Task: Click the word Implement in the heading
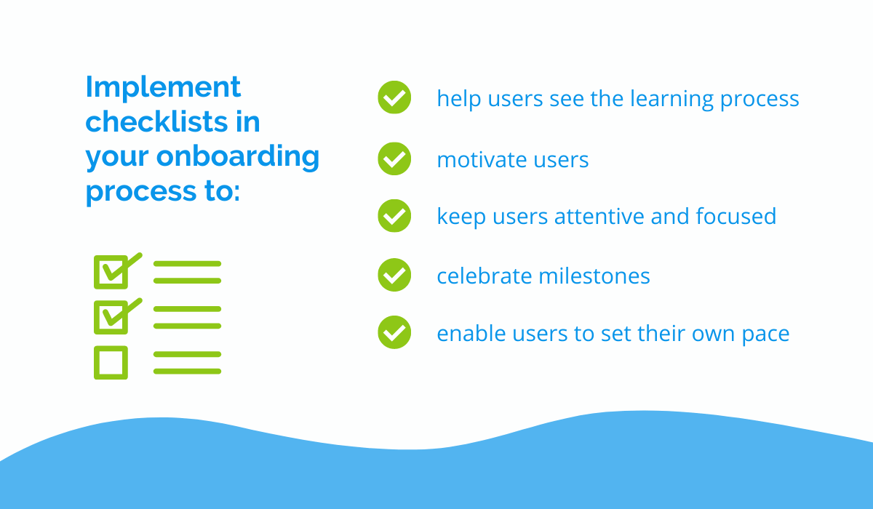tap(163, 88)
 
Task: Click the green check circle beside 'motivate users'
tap(394, 159)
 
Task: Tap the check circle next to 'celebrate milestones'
tap(394, 275)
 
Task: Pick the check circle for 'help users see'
tap(394, 97)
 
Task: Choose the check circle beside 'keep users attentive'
tap(394, 216)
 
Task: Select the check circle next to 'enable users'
tap(394, 332)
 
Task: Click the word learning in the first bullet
tap(671, 100)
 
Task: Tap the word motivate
tap(482, 160)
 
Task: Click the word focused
tap(736, 216)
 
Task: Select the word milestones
tap(594, 276)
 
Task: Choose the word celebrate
tap(485, 276)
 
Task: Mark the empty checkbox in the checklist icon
tap(111, 363)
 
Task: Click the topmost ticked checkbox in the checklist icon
tap(111, 272)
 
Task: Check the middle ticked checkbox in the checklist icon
tap(111, 317)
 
